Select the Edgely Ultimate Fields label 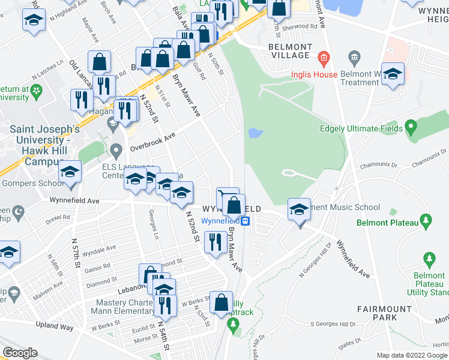click(x=361, y=128)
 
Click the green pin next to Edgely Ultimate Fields click(x=411, y=127)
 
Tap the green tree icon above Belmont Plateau click(x=427, y=221)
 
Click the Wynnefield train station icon click(x=246, y=220)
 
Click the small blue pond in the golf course click(x=255, y=132)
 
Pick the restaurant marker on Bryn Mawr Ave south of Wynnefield click(x=215, y=242)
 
